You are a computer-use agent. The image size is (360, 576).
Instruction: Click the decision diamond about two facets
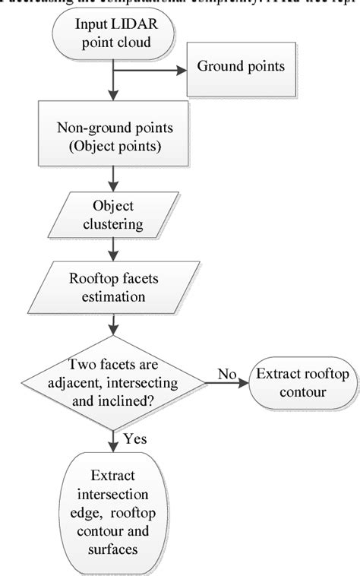click(112, 373)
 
